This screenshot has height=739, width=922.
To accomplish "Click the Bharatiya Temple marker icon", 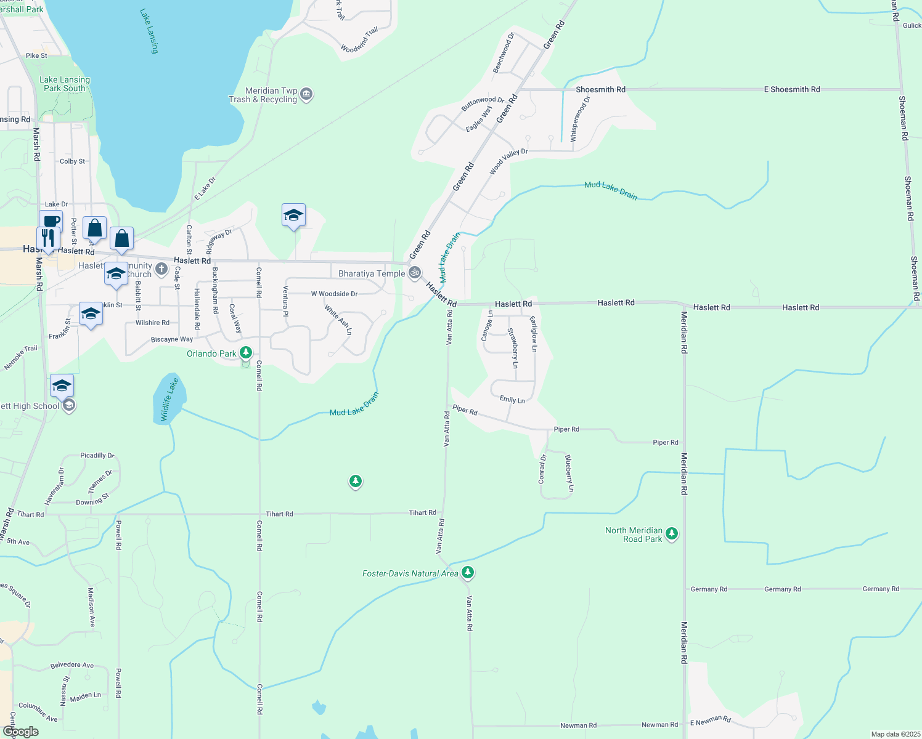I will click(x=415, y=272).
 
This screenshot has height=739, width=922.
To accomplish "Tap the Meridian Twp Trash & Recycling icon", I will click(x=307, y=94).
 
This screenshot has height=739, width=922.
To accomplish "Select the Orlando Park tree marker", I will click(x=246, y=352).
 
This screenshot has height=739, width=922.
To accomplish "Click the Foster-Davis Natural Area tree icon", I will click(x=468, y=573).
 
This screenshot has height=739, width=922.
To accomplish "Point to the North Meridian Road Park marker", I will click(x=672, y=534).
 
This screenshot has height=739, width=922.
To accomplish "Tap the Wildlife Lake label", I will click(x=169, y=399).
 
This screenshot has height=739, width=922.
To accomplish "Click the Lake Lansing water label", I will click(x=149, y=31).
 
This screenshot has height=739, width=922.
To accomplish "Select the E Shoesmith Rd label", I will click(x=791, y=89).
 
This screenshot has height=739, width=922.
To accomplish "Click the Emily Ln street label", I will click(x=512, y=400).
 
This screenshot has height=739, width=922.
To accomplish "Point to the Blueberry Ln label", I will click(x=569, y=473).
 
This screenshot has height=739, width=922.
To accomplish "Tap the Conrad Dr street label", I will click(x=542, y=469).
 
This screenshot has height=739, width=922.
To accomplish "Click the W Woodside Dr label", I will click(x=334, y=294).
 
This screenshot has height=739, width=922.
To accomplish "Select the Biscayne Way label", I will click(x=172, y=339).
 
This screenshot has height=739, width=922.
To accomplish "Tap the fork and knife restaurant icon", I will click(x=48, y=238).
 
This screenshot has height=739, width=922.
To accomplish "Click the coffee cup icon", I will click(x=51, y=220).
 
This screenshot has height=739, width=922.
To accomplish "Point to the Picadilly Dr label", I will click(x=97, y=455).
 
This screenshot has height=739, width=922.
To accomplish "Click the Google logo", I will click(x=21, y=732).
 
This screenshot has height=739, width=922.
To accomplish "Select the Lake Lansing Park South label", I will click(x=65, y=84).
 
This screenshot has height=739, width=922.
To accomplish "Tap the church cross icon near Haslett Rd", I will click(x=161, y=269).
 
